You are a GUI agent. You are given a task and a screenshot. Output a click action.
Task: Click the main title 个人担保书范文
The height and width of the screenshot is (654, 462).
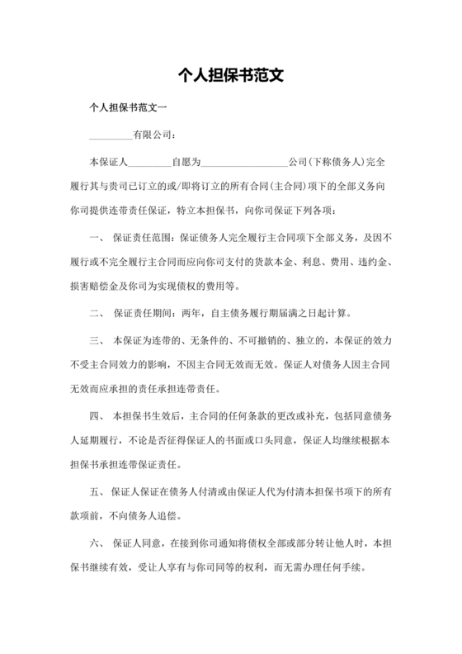[231, 75]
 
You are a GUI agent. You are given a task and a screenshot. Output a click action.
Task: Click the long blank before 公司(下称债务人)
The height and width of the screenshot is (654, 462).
[245, 161]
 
